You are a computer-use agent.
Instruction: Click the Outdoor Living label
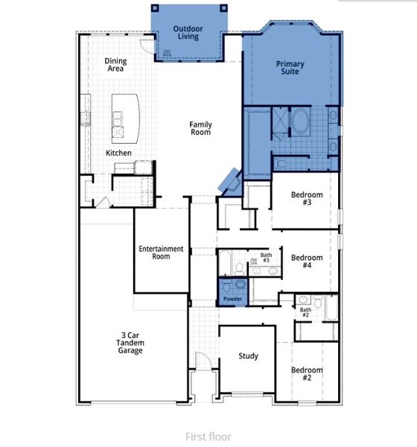pyautogui.click(x=188, y=32)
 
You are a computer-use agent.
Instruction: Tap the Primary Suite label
pyautogui.click(x=290, y=69)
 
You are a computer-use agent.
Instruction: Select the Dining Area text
pyautogui.click(x=115, y=65)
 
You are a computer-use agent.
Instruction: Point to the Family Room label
pyautogui.click(x=200, y=128)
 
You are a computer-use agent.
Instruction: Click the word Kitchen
pyautogui.click(x=118, y=153)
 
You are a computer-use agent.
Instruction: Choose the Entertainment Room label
pyautogui.click(x=161, y=253)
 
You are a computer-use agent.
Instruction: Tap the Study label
pyautogui.click(x=248, y=356)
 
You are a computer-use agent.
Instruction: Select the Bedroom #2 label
pyautogui.click(x=307, y=374)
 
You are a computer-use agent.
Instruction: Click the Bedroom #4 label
pyautogui.click(x=307, y=262)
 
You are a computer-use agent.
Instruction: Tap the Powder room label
pyautogui.click(x=232, y=299)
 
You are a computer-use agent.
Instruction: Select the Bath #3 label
pyautogui.click(x=266, y=258)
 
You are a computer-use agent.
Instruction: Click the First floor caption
pyautogui.click(x=208, y=437)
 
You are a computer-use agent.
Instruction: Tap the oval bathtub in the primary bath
pyautogui.click(x=302, y=121)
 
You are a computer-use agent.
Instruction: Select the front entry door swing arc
pyautogui.click(x=199, y=361)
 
